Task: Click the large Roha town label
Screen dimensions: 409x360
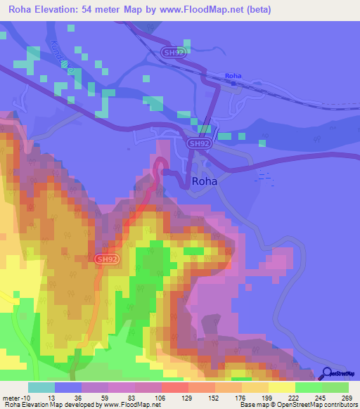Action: (204, 181)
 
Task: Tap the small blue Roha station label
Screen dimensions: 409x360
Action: (233, 75)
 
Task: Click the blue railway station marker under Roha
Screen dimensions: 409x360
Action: (233, 82)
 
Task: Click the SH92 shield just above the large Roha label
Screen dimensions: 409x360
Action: (200, 143)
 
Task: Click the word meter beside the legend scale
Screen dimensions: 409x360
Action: (13, 397)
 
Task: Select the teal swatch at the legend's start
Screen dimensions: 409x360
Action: (41, 387)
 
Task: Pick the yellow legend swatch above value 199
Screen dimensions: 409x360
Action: (255, 387)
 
